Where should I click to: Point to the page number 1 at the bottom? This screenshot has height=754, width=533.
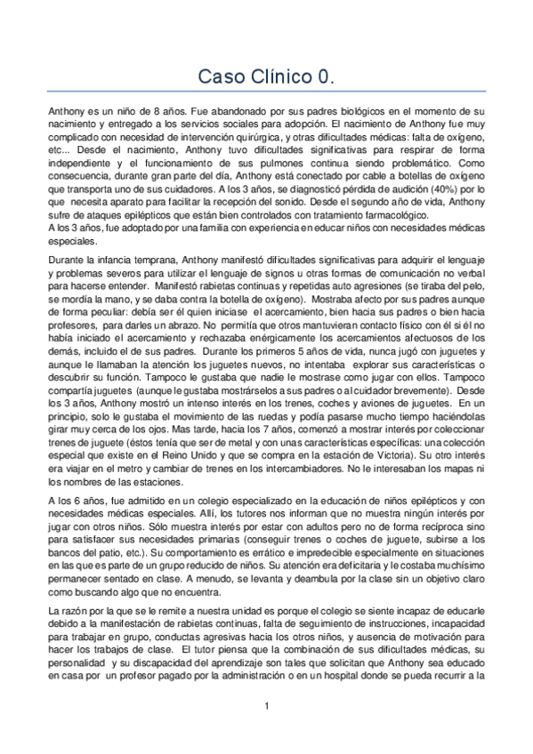tap(266, 706)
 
